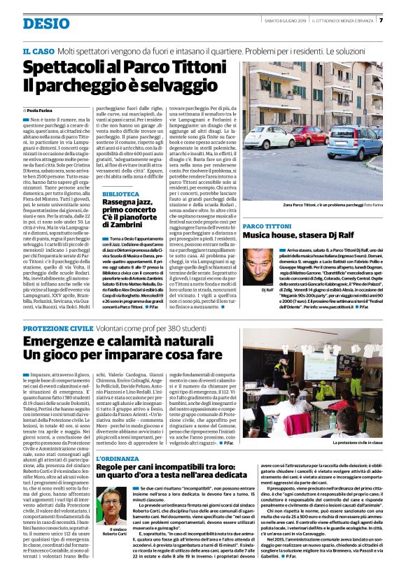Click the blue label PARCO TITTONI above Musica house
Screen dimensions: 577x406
click(267, 227)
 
